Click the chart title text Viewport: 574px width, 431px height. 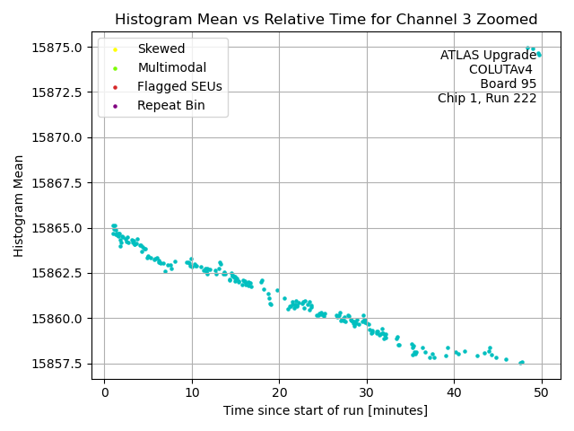tap(326, 20)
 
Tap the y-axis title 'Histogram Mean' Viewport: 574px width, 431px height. tap(19, 206)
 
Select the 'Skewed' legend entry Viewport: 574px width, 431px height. tap(161, 49)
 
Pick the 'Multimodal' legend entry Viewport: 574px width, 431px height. tap(171, 68)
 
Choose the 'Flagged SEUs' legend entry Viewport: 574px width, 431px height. tap(179, 87)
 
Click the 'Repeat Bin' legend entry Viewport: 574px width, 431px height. tap(171, 106)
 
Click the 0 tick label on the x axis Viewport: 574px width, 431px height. tap(104, 392)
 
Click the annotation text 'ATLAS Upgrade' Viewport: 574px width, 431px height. tap(488, 56)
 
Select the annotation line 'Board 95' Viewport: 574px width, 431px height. tap(509, 84)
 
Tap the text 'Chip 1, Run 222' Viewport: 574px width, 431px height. tap(487, 99)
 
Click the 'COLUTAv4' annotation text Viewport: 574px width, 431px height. tap(502, 70)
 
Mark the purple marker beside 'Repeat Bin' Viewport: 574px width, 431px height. tap(115, 106)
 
